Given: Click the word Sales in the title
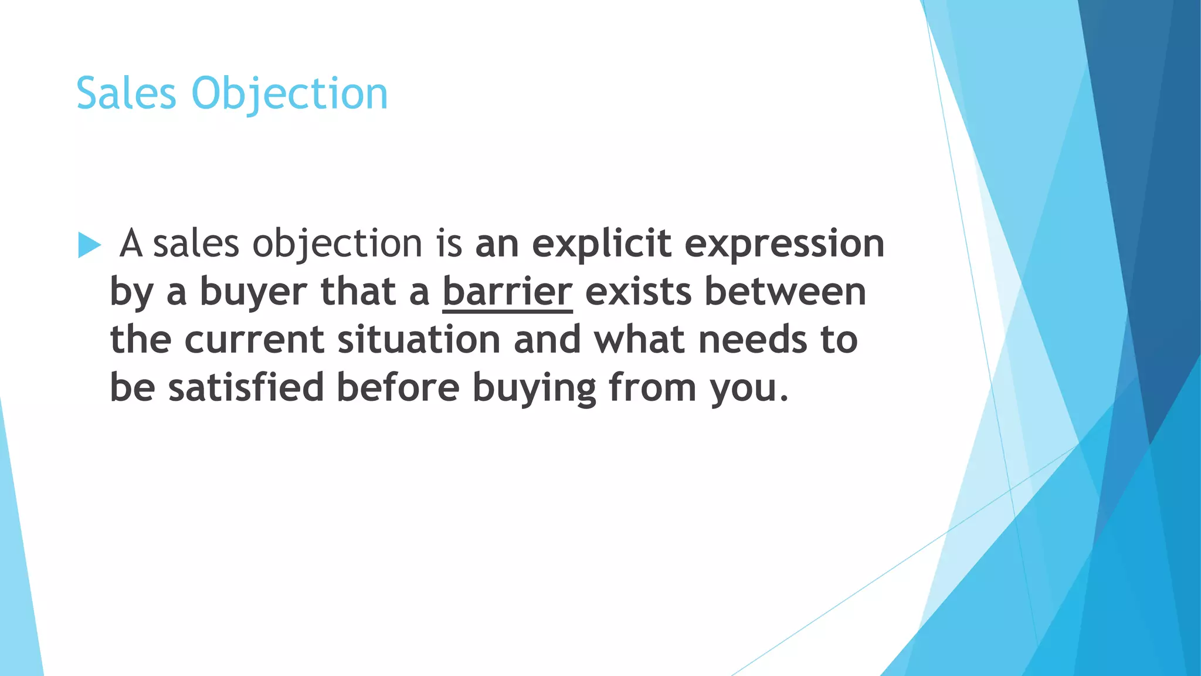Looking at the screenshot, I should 126,93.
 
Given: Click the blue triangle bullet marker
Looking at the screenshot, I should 89,245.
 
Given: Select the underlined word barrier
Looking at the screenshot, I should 507,292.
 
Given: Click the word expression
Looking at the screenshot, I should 784,245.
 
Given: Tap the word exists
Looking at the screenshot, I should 638,292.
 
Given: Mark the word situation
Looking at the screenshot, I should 419,340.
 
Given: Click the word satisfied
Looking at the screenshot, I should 246,388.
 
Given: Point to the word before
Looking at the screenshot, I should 398,388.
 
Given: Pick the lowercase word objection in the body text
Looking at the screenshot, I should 337,245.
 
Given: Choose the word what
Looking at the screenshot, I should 639,340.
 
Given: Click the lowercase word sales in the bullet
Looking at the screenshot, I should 196,245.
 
